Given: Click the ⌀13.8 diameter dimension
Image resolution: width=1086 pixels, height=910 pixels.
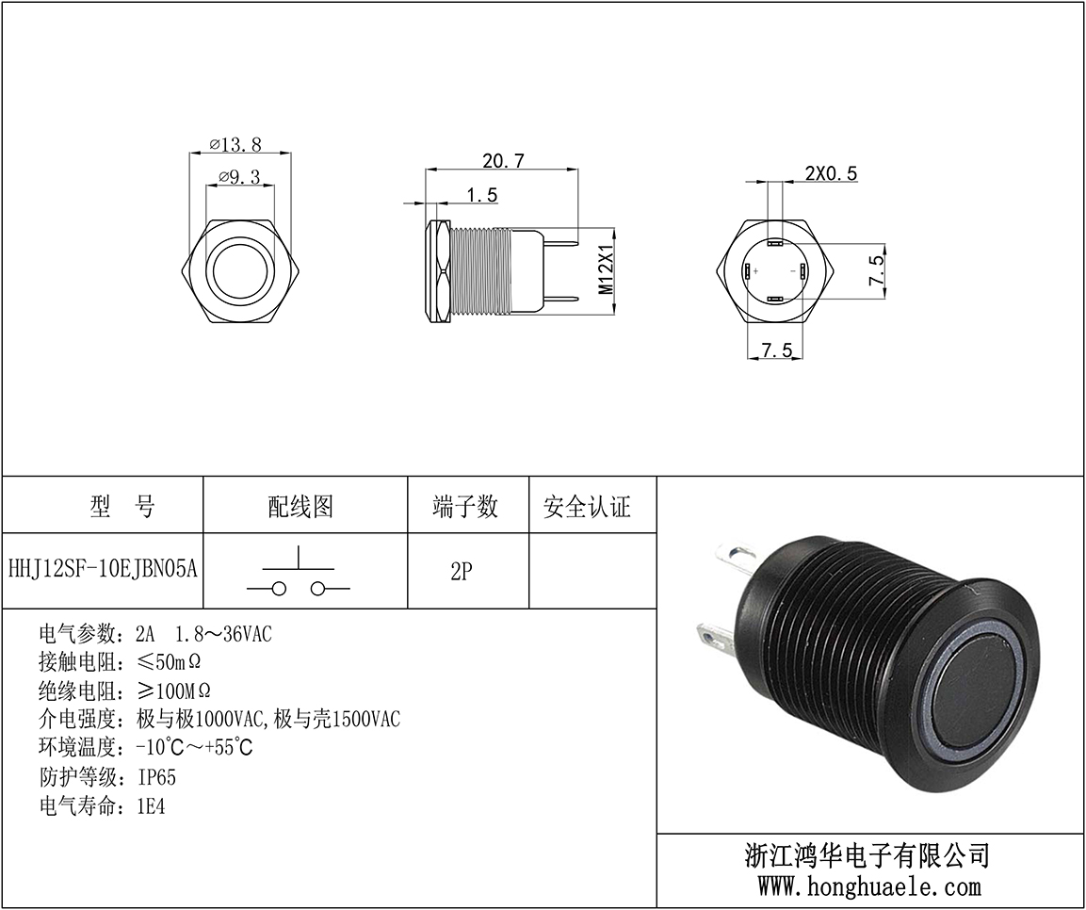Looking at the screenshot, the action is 235,144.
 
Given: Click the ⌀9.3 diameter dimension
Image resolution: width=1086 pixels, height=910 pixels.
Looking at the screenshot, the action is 239,176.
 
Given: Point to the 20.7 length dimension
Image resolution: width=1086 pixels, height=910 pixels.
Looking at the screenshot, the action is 504,161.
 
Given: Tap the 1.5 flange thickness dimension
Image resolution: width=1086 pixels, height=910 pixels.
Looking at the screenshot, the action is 482,195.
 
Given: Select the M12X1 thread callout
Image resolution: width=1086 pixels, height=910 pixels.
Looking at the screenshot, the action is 606,268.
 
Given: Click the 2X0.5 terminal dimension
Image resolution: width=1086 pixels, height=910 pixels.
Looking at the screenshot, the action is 831,172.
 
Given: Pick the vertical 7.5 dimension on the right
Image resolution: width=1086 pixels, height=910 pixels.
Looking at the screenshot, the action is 876,270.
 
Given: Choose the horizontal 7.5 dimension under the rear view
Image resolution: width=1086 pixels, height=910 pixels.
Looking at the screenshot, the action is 776,349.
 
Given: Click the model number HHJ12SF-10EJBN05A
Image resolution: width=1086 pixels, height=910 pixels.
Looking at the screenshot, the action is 103,569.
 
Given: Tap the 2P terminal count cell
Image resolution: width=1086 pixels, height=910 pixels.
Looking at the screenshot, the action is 462,571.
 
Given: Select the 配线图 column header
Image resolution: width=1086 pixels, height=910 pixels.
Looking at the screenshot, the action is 300,506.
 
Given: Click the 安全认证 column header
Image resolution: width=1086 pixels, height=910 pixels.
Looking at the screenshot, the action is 587,506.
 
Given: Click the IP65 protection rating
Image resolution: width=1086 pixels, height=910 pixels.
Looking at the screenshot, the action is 157,777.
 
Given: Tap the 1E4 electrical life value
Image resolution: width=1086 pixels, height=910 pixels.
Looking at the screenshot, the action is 151,806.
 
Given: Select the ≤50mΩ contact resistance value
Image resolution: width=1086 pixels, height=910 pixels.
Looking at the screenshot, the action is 169,661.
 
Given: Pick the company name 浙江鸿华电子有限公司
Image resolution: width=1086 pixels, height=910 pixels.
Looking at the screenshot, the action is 867,855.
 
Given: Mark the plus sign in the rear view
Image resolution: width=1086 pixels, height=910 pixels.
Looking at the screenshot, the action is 755,270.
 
